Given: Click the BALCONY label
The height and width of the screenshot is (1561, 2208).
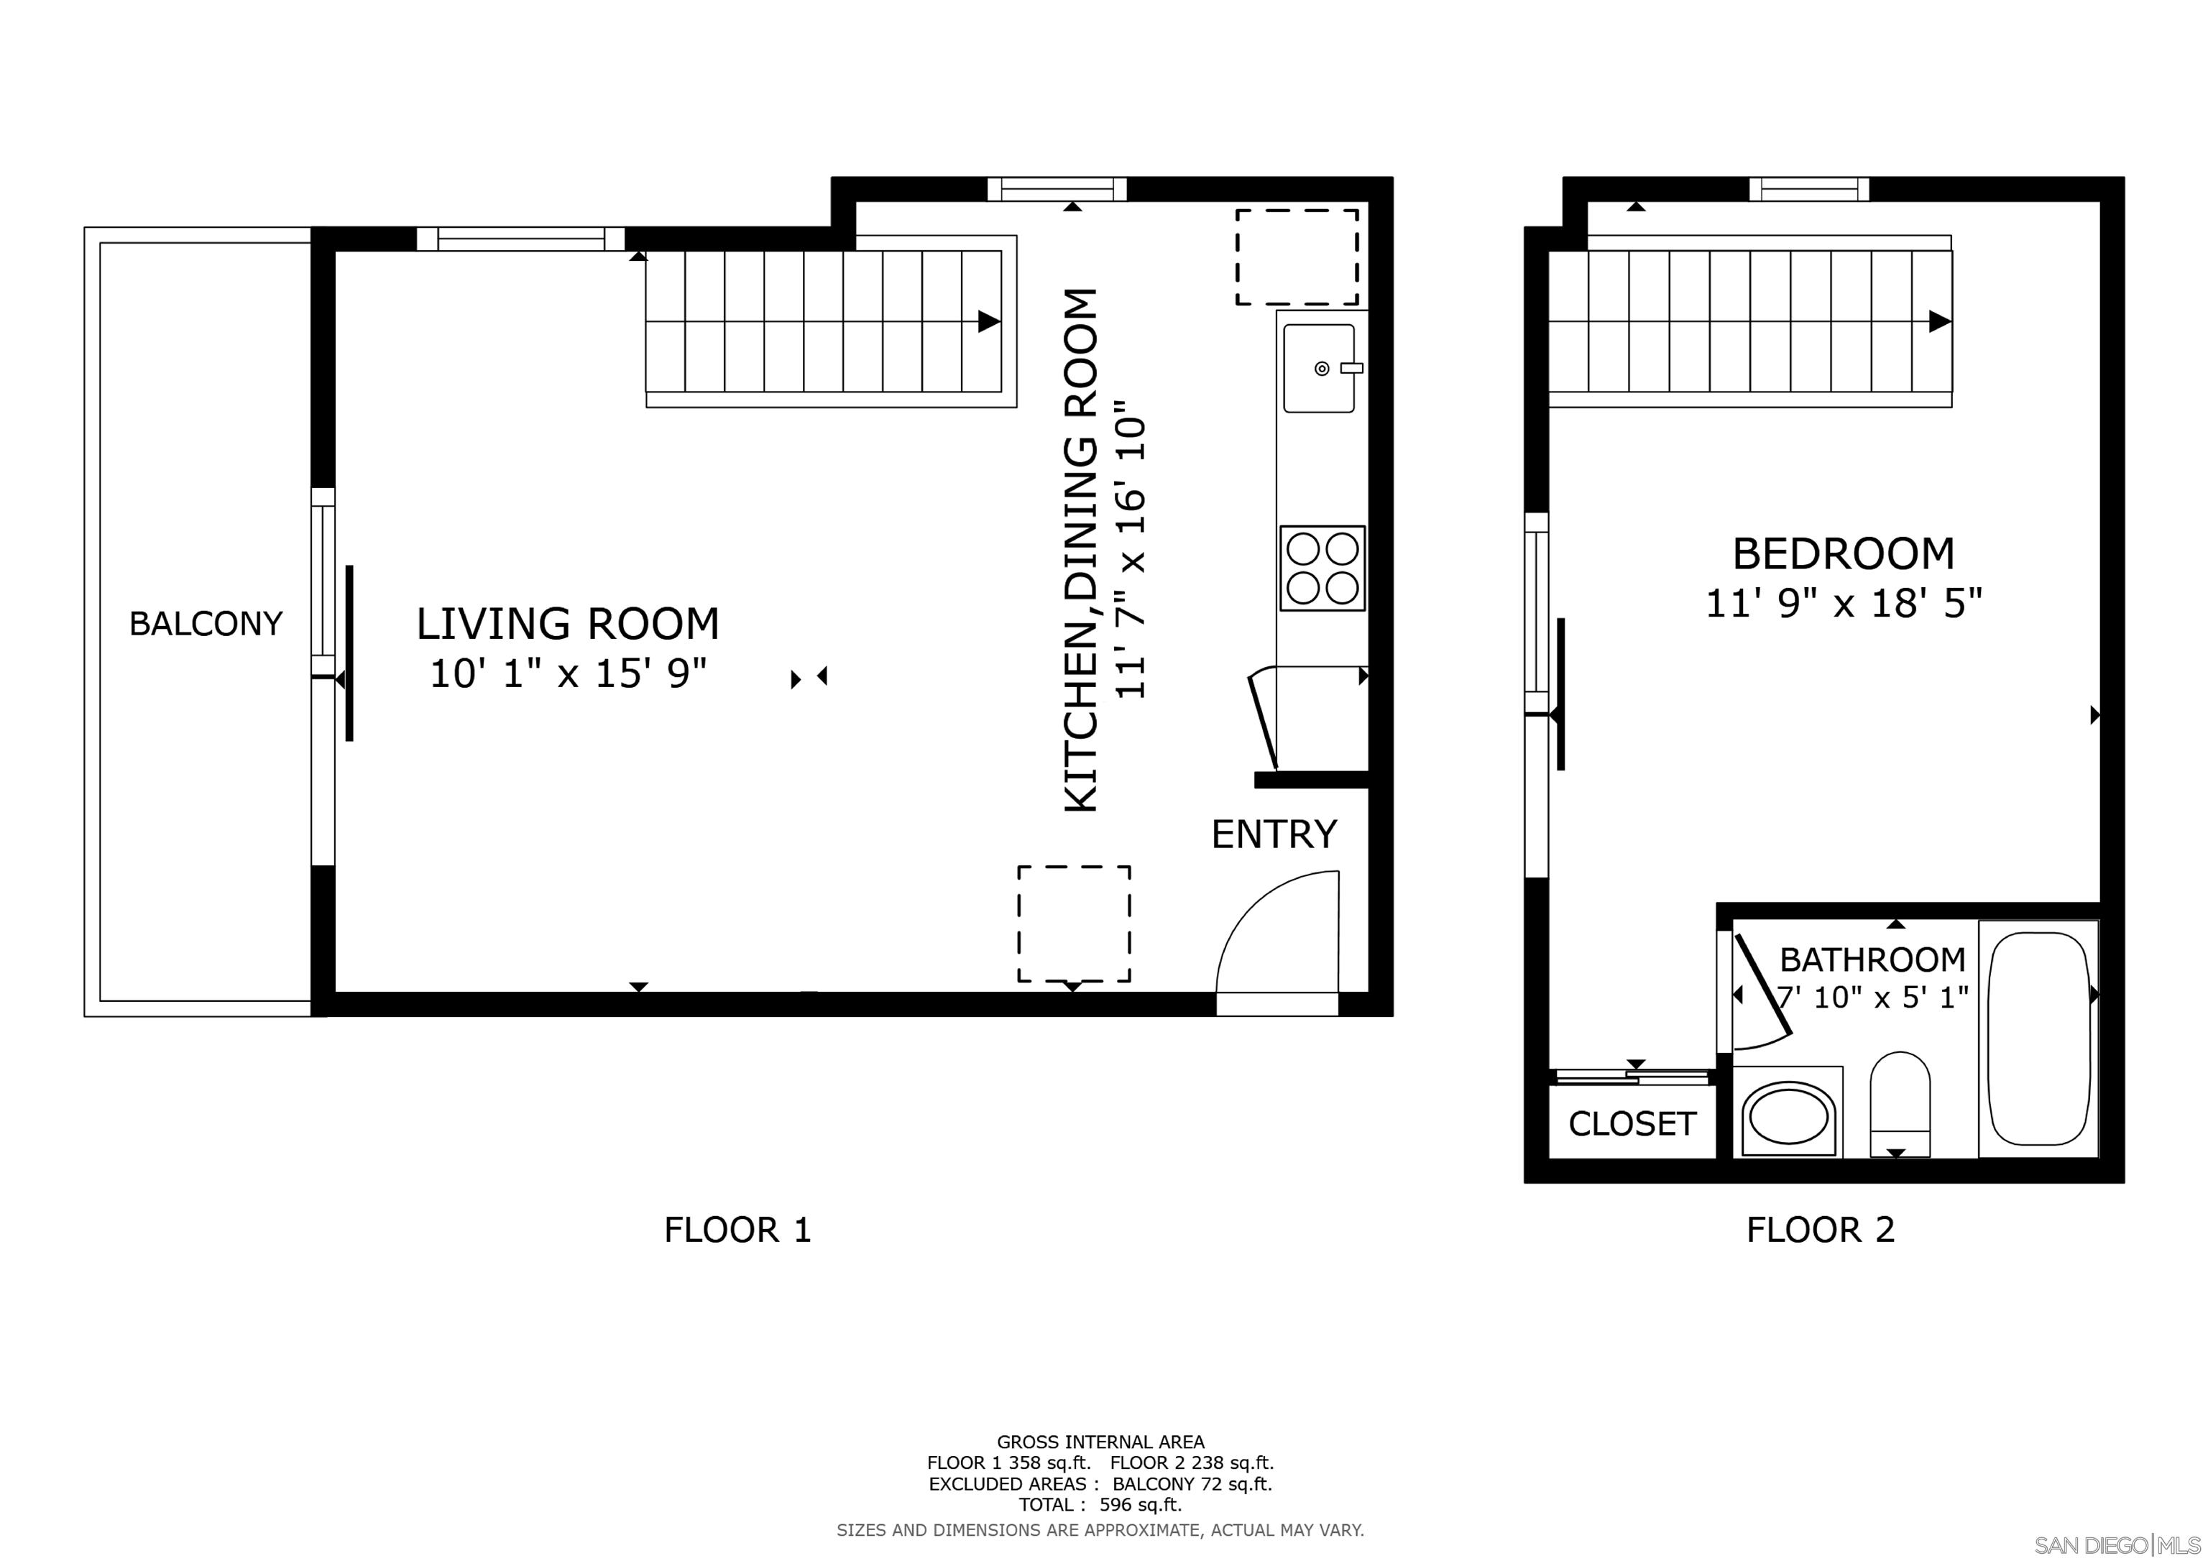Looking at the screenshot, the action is [x=206, y=625].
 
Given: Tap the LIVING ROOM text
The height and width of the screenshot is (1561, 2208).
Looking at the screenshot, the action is [x=567, y=625].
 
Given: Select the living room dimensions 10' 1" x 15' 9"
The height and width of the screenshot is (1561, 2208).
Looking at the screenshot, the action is [x=567, y=673].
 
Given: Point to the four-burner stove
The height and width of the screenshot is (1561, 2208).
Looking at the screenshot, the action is [x=1322, y=568].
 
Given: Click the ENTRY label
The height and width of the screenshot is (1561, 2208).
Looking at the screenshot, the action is [x=1274, y=834].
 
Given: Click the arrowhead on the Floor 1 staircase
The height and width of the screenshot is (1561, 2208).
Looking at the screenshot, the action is [x=988, y=321].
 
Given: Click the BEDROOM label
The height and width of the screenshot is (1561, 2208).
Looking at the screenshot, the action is [x=1844, y=554].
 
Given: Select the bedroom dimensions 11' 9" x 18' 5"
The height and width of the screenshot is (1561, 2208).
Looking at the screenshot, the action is [x=1844, y=604].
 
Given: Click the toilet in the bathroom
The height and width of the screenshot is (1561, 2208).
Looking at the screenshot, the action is [x=1900, y=1104].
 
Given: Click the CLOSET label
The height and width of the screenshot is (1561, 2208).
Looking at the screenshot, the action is [x=1632, y=1123].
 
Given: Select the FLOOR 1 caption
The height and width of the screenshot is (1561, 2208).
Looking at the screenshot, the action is [x=737, y=1230].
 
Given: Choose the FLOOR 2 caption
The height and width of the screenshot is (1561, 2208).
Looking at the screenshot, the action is [x=1821, y=1230].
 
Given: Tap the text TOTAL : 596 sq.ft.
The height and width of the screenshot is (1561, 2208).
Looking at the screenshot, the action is [x=1100, y=1505].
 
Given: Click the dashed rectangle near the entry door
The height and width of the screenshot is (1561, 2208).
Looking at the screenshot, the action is [x=1075, y=924].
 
